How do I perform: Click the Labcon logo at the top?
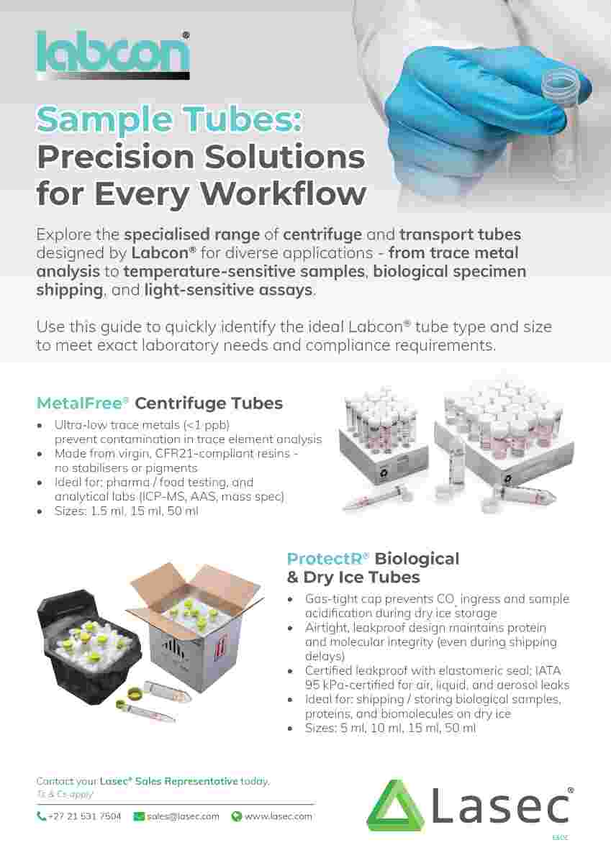pos(113,53)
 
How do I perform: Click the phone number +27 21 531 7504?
pos(84,816)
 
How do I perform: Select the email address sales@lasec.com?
pos(183,816)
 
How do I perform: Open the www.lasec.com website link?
pos(278,816)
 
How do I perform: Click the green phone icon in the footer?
pos(42,816)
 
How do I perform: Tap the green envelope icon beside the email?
pos(139,816)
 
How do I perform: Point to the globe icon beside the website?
pos(236,816)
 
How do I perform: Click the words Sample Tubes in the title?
pos(169,119)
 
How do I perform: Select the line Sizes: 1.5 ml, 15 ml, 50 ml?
pos(127,511)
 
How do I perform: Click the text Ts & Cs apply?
pos(64,795)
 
